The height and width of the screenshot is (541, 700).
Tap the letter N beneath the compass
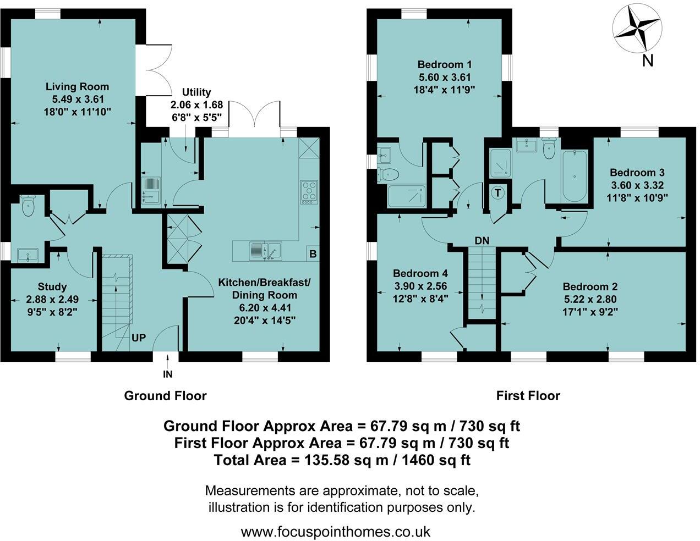tap(648, 61)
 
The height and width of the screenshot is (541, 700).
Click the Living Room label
tap(77, 86)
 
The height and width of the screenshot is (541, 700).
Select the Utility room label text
tap(190, 92)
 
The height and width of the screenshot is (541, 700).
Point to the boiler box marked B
tap(313, 254)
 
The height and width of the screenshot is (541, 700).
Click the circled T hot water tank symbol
tap(498, 193)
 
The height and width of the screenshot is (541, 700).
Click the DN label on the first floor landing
tap(482, 241)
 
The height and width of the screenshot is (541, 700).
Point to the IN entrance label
tap(168, 374)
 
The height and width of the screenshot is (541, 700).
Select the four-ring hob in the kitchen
tap(309, 191)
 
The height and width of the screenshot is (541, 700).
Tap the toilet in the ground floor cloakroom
tap(28, 206)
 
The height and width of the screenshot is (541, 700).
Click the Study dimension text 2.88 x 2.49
tap(52, 299)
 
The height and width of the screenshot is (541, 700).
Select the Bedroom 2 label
tap(590, 286)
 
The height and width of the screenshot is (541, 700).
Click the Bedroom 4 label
tap(420, 273)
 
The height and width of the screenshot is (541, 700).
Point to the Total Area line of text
tap(342, 460)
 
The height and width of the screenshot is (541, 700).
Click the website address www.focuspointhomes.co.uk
tap(336, 532)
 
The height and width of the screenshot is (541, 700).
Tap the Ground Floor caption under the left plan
tap(165, 395)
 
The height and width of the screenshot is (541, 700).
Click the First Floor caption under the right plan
tap(528, 395)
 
